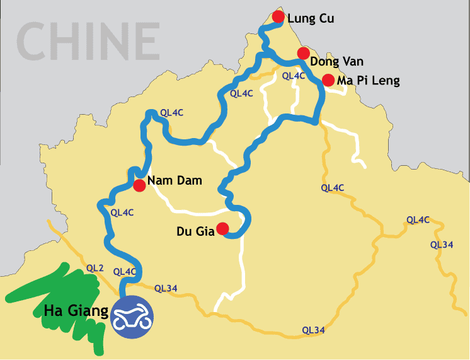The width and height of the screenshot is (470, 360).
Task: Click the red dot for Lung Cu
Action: (278, 16)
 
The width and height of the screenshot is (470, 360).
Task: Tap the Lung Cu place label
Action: (310, 18)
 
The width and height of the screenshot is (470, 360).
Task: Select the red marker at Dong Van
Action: (303, 53)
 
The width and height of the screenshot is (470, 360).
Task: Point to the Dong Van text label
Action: (337, 61)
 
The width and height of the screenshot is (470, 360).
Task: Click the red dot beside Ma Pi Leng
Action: (328, 80)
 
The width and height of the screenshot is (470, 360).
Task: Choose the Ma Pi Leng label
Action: (369, 81)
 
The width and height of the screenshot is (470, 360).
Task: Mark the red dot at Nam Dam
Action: (139, 185)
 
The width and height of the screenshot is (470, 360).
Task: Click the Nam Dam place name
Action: (175, 181)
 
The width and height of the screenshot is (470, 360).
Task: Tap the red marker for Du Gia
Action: (222, 228)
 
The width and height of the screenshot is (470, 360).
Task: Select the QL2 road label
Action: (95, 268)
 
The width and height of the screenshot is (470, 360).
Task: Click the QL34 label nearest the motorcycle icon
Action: (166, 288)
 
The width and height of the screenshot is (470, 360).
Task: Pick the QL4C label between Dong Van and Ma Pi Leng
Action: (293, 76)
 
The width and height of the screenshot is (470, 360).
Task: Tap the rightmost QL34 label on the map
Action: (442, 245)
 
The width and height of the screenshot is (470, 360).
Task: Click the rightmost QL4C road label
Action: (418, 219)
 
